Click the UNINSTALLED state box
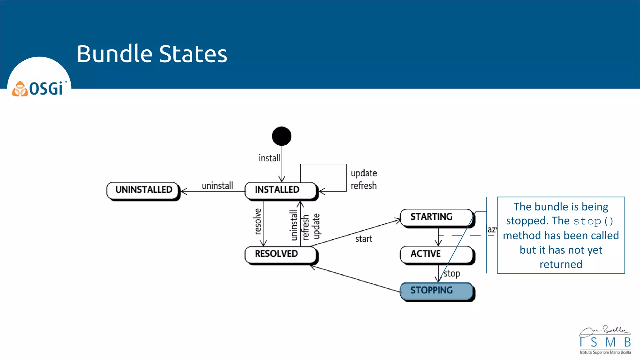(143, 190)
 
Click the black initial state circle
(282, 136)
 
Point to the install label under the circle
(269, 158)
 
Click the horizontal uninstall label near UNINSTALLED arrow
(217, 186)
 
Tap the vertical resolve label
(257, 222)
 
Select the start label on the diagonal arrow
(363, 239)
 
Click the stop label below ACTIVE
(452, 274)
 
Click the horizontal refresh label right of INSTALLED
(363, 186)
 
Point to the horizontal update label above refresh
(364, 173)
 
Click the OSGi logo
(39, 89)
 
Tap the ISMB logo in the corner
(605, 340)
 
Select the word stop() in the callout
(593, 221)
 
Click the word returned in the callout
(561, 265)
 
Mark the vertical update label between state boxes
(316, 226)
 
